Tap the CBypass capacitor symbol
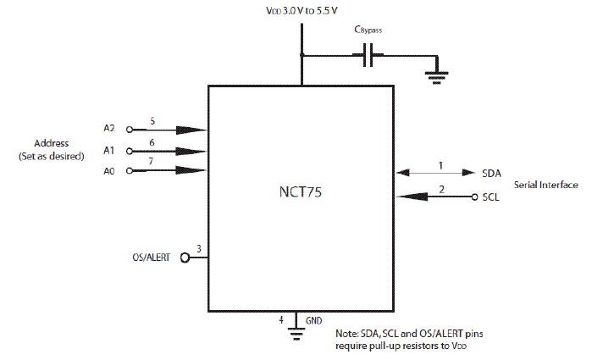coord(368,57)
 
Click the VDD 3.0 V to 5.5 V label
coord(302,11)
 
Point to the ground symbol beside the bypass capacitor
coord(437,75)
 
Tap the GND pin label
coord(314,320)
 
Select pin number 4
coord(281,319)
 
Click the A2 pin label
coord(109,129)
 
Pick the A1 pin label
coord(109,150)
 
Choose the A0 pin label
coord(109,170)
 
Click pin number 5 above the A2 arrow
coord(152,121)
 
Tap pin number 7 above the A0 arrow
coord(152,162)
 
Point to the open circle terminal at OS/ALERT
coord(183,258)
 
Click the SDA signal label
coord(491,173)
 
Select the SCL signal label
coord(491,197)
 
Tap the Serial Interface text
coord(546,185)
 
